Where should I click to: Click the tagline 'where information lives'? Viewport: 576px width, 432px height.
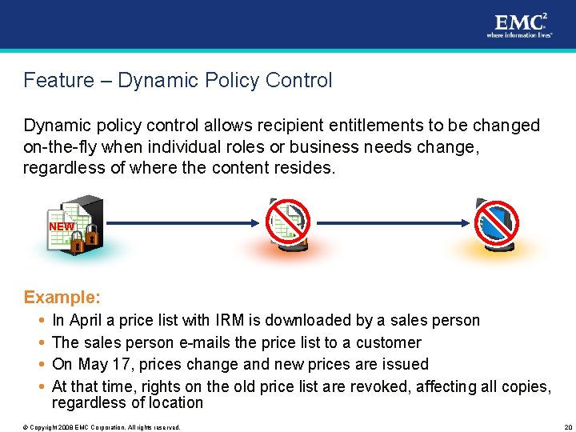[x=518, y=35]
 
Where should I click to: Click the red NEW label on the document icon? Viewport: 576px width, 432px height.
[x=62, y=226]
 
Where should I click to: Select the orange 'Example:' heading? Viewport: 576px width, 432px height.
[x=62, y=298]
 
